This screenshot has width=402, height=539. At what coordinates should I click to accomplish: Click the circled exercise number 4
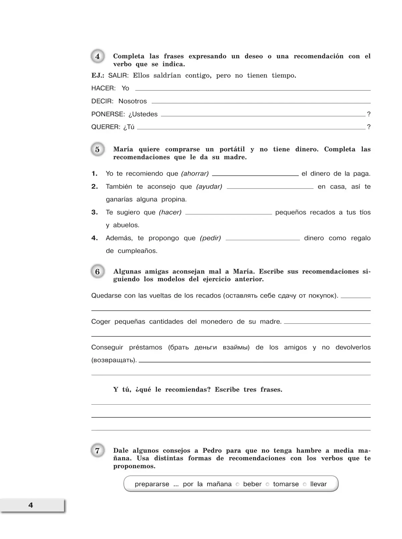(97, 57)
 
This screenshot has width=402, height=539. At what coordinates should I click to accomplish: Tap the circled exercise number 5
(97, 149)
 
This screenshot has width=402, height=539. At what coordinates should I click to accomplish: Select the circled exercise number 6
(97, 272)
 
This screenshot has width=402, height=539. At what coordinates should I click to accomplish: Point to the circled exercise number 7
(97, 451)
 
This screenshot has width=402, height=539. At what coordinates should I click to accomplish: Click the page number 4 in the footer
(31, 505)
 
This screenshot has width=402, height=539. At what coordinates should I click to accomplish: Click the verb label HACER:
(104, 88)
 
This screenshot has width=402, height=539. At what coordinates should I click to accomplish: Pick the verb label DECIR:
(103, 101)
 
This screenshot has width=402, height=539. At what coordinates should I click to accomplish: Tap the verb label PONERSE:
(108, 114)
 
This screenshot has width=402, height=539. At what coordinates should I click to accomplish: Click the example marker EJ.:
(98, 76)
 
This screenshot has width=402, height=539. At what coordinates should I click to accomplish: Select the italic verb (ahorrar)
(195, 174)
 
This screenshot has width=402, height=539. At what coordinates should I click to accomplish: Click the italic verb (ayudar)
(209, 187)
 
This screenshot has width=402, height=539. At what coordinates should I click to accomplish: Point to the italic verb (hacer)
(170, 212)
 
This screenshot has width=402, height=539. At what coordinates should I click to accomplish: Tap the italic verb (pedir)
(210, 238)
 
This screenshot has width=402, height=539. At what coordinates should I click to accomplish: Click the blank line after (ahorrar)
(255, 175)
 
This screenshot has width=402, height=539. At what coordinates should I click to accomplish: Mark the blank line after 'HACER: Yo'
(253, 90)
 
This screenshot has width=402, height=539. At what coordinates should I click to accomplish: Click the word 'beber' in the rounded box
(252, 484)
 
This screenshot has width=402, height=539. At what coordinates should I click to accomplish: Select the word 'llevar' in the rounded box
(318, 484)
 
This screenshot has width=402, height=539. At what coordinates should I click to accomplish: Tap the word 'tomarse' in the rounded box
(286, 484)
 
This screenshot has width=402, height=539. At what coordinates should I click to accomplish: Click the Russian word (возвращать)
(114, 360)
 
